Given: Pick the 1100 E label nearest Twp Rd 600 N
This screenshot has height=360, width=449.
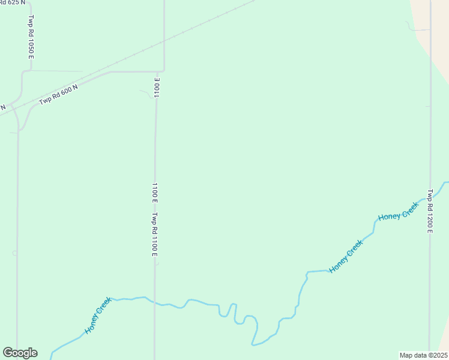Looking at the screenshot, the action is coord(157,87).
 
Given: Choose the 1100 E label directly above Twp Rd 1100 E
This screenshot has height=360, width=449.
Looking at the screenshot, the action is coord(155,193).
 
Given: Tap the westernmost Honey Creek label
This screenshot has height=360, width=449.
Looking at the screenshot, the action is coord(98,316).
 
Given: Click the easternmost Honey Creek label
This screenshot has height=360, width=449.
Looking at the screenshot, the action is coord(398,211).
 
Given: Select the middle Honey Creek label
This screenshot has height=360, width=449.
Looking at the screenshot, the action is coord(346,256).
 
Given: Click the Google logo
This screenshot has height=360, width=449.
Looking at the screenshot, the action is coord(20,353).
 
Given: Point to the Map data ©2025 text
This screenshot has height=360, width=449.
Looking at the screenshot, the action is coord(424,355).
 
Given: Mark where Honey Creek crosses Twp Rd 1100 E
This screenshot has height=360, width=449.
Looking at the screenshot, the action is coord(155,302).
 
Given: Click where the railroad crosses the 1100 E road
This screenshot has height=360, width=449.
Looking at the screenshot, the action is coord(163,42).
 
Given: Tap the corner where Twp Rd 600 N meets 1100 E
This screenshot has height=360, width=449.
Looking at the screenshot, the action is coord(163,71).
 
